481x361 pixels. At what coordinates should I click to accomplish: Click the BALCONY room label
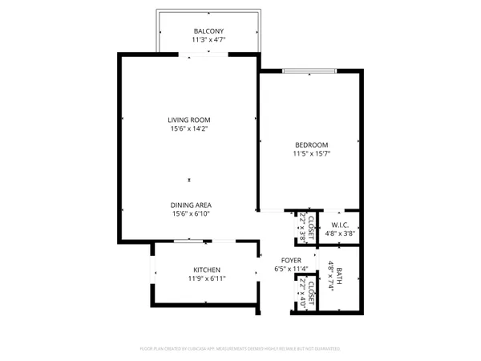pyautogui.click(x=208, y=30)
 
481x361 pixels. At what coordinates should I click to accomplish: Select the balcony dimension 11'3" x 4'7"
pyautogui.click(x=208, y=39)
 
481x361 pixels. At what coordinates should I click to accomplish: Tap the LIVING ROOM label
pyautogui.click(x=188, y=120)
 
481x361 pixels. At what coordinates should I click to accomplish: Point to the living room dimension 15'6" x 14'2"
pyautogui.click(x=188, y=128)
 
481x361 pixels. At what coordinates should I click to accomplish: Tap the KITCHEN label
pyautogui.click(x=206, y=270)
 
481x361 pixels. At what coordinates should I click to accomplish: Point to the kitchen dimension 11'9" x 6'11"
pyautogui.click(x=206, y=278)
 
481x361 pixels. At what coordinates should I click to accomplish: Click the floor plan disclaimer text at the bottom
pyautogui.click(x=240, y=349)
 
